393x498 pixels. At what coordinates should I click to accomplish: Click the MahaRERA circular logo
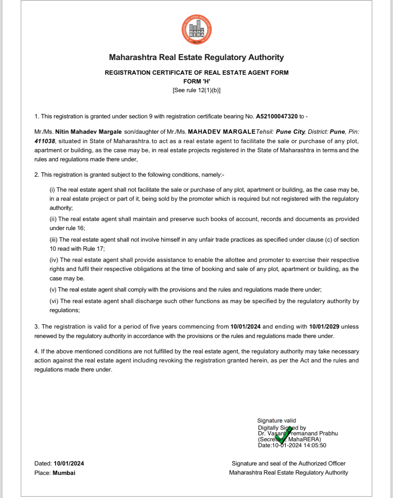[197, 30]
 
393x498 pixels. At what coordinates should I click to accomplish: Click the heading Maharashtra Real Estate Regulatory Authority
[196, 57]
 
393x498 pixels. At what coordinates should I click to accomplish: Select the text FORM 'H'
[196, 81]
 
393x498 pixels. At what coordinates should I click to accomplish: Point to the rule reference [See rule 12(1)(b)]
[196, 90]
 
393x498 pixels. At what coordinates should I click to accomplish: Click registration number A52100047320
[277, 116]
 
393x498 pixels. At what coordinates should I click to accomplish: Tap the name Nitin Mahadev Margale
[88, 132]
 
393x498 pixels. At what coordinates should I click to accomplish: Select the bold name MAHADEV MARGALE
[221, 132]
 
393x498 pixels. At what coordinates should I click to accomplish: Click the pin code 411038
[45, 141]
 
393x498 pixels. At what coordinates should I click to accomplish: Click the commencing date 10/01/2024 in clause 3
[245, 327]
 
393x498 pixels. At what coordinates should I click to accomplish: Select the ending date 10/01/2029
[324, 327]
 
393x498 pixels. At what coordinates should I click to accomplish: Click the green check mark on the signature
[283, 435]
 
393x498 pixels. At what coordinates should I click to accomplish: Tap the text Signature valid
[276, 420]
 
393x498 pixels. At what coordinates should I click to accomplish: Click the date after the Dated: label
[69, 463]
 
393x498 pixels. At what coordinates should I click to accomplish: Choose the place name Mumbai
[64, 473]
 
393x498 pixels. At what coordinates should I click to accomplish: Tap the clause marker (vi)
[54, 301]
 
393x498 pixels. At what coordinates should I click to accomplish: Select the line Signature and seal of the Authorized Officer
[289, 463]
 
